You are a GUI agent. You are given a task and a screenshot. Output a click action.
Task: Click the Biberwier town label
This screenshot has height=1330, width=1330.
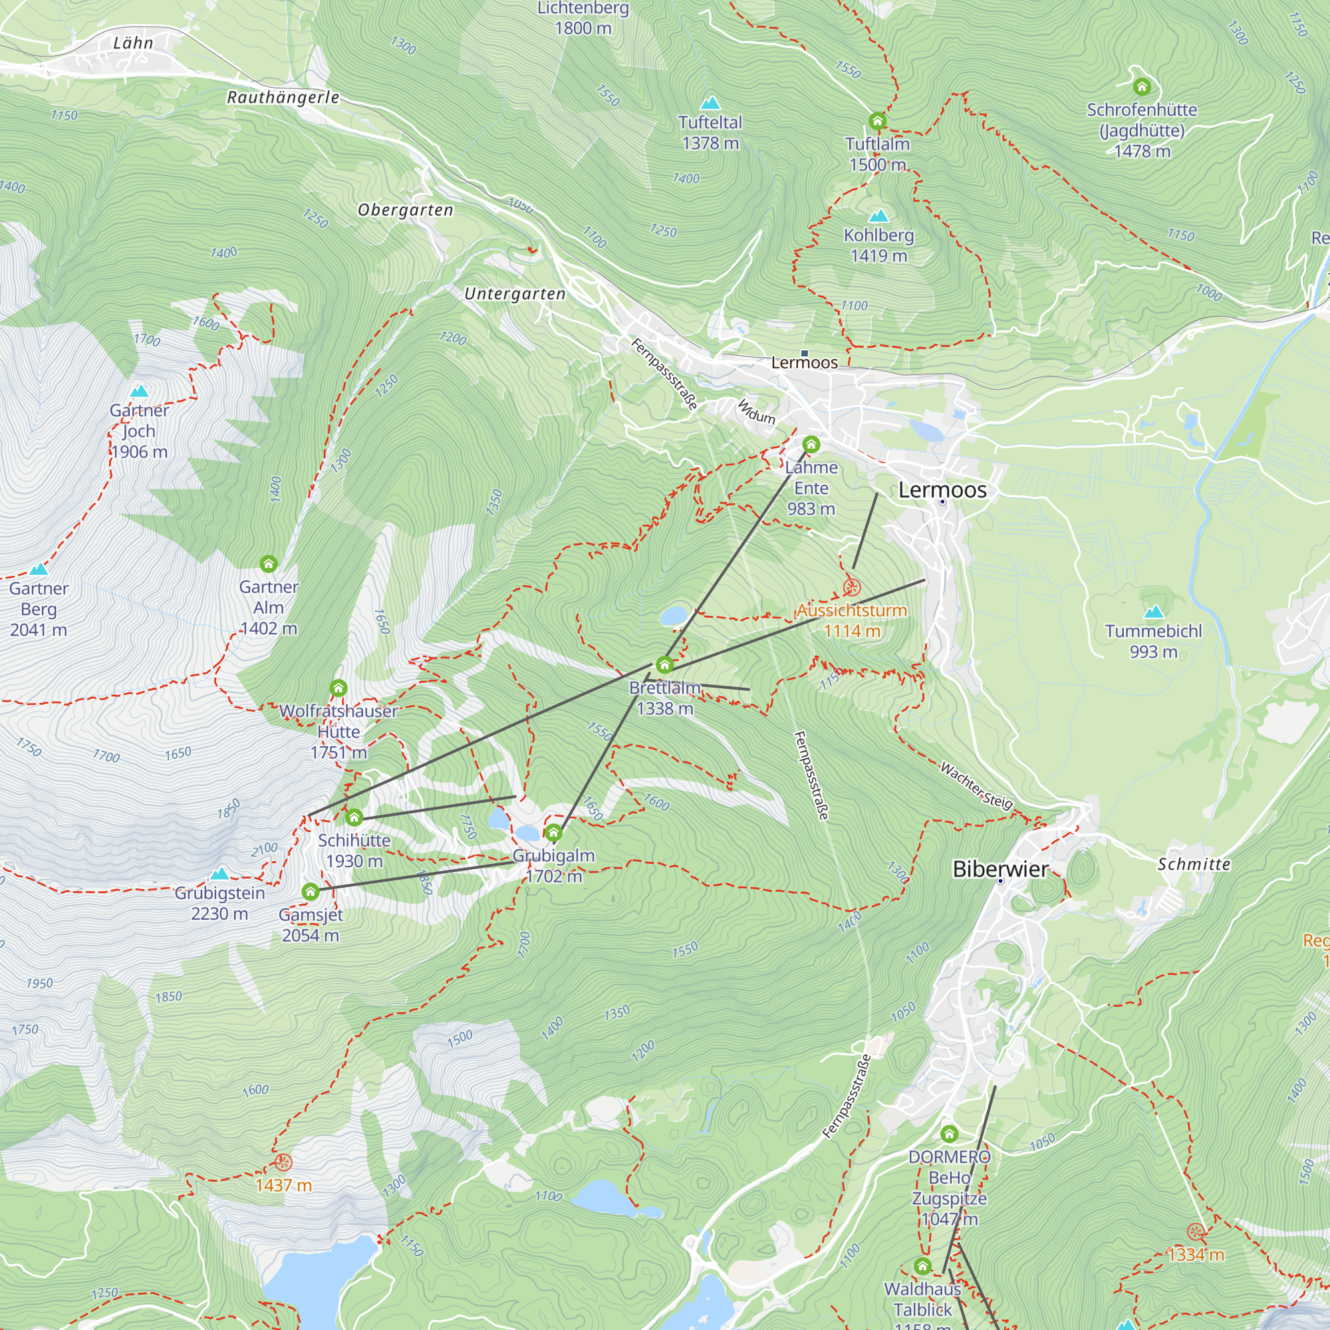(999, 869)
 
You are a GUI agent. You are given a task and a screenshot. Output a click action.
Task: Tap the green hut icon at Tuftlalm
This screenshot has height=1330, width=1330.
(877, 122)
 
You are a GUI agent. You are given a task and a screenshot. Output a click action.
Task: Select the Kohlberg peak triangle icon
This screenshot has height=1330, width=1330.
(878, 216)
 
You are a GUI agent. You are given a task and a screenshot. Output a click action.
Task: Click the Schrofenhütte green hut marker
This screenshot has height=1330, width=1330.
(1142, 86)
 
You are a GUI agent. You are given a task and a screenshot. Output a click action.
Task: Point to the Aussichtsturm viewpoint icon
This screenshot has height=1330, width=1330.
(852, 587)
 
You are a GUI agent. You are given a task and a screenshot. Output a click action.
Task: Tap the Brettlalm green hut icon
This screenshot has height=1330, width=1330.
(664, 665)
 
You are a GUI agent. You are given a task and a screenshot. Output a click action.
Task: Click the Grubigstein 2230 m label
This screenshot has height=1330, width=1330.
(219, 903)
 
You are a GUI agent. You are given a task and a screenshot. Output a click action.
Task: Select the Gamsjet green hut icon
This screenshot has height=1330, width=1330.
(311, 892)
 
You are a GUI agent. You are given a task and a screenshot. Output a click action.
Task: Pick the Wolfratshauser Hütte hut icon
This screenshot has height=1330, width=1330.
(338, 688)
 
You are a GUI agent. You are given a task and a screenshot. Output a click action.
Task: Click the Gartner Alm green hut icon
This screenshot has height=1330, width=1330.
(269, 565)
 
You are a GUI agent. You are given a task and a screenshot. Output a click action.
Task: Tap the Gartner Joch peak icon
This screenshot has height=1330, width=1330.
(140, 392)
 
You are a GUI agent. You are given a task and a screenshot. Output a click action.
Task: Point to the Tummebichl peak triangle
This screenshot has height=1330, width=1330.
(1153, 612)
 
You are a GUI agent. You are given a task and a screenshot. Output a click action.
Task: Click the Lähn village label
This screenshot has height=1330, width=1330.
(133, 43)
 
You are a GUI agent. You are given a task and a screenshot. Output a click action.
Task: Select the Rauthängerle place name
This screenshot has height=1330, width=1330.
(283, 98)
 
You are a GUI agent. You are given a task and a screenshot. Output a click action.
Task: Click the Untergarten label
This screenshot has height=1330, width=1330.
(515, 294)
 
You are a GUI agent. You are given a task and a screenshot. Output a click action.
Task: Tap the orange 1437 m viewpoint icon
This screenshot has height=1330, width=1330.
(283, 1162)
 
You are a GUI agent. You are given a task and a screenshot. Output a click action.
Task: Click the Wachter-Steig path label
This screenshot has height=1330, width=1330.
(976, 785)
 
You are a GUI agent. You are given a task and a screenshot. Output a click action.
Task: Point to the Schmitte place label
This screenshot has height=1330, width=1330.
(1194, 864)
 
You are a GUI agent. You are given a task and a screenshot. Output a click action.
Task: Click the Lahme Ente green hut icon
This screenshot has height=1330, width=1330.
(811, 445)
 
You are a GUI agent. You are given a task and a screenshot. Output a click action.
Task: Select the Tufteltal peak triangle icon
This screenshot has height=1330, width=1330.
(710, 104)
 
